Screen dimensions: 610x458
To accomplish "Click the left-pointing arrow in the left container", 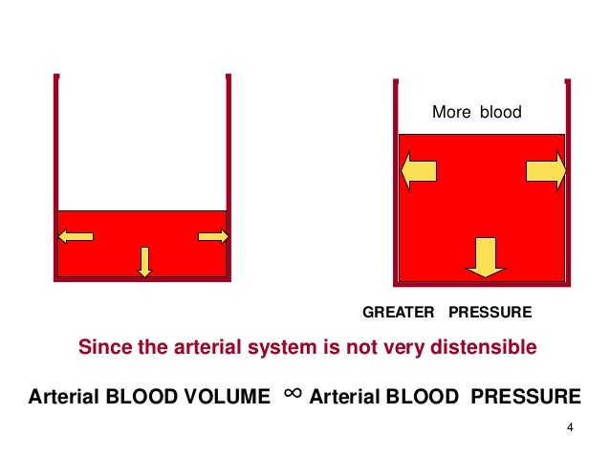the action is (76, 236).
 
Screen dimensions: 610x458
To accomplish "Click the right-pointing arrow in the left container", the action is (212, 236).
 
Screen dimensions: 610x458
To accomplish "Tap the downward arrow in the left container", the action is (144, 261).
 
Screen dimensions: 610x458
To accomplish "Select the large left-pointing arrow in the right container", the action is (418, 171).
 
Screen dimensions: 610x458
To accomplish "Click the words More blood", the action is (477, 113).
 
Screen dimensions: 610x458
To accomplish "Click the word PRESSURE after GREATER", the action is (490, 313).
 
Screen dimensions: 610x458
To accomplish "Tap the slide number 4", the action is (570, 426).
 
